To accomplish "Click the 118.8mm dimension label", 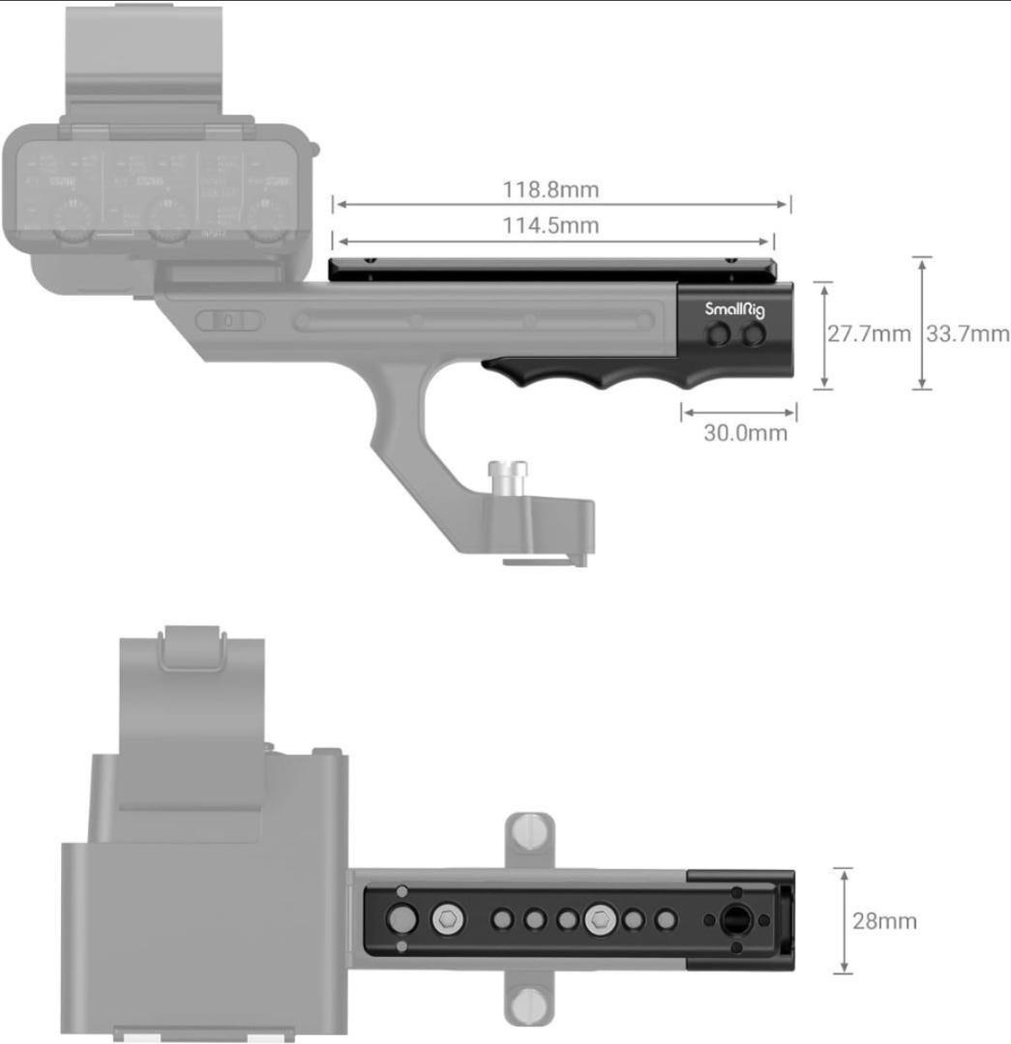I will [x=550, y=189].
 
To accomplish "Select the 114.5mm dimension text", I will [x=550, y=225].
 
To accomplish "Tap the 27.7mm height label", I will [x=868, y=334].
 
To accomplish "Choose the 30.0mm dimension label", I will [x=745, y=433].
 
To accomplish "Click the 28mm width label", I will [x=883, y=920].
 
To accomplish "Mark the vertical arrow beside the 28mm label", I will [x=846, y=920].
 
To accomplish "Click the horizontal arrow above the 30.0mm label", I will [x=738, y=413].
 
